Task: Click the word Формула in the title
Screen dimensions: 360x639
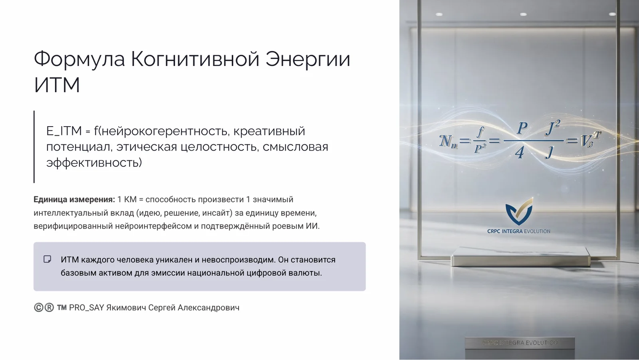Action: point(79,59)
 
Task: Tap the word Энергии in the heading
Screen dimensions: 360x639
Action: point(308,59)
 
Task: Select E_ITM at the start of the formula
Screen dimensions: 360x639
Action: point(64,131)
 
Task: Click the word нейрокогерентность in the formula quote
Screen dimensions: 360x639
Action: point(165,131)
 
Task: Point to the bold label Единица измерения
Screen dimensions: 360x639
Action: point(74,200)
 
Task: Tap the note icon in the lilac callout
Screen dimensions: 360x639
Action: point(47,259)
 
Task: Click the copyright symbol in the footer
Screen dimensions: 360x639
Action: point(38,307)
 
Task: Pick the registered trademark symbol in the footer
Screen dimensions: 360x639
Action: point(49,307)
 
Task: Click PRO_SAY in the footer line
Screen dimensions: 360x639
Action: point(86,308)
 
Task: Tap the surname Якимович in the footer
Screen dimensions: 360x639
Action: point(126,308)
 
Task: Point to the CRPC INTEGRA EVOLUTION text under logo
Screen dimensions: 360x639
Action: point(518,231)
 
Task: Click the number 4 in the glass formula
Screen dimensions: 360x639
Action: point(519,152)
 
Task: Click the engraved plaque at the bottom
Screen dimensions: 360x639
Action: point(520,343)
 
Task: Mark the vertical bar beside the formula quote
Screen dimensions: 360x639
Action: point(34,146)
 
